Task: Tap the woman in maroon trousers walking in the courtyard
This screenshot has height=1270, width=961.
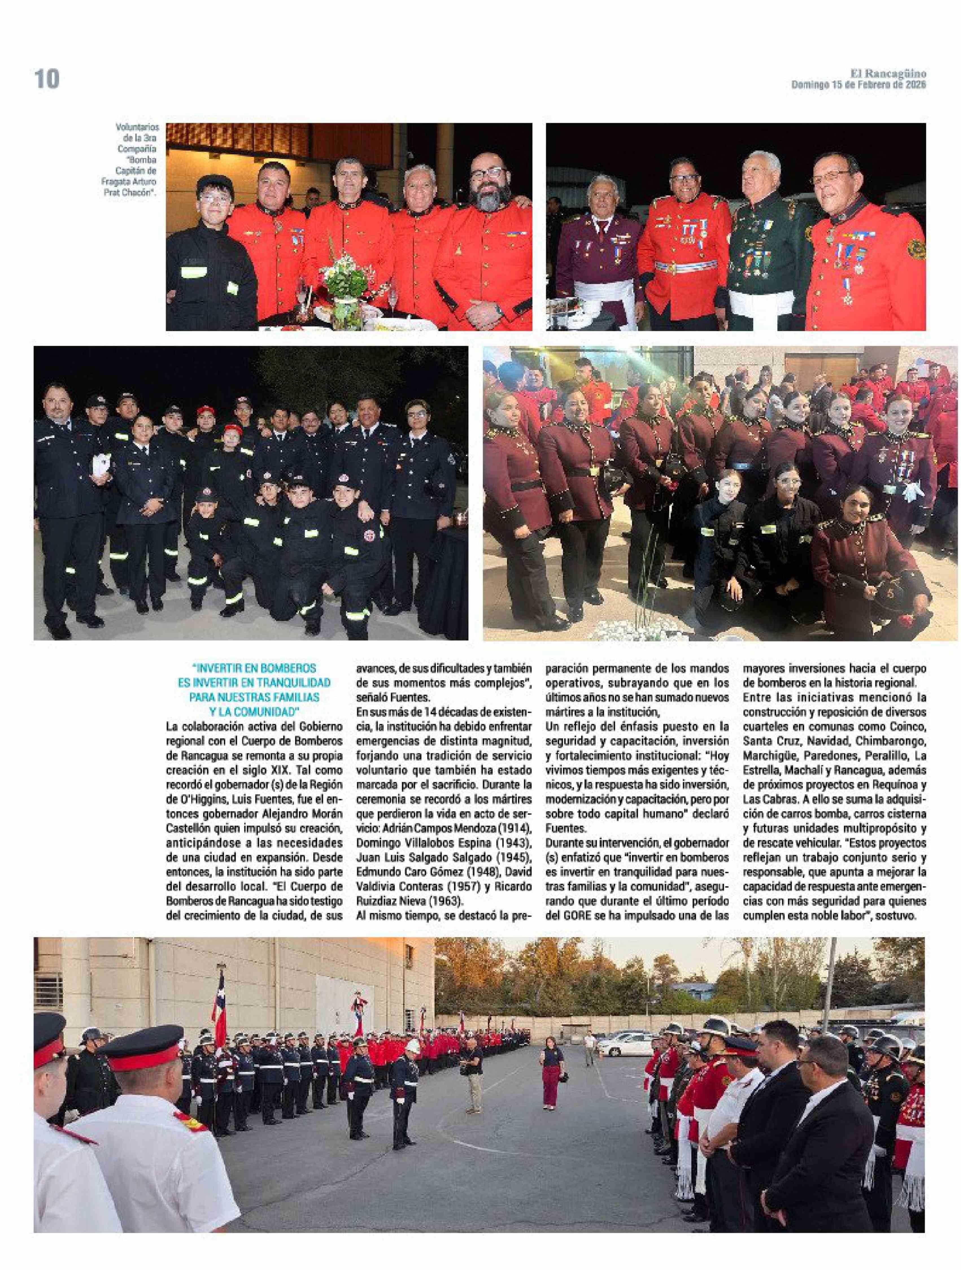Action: point(549,1073)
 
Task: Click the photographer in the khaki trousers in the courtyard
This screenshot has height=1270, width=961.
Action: point(472,1073)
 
